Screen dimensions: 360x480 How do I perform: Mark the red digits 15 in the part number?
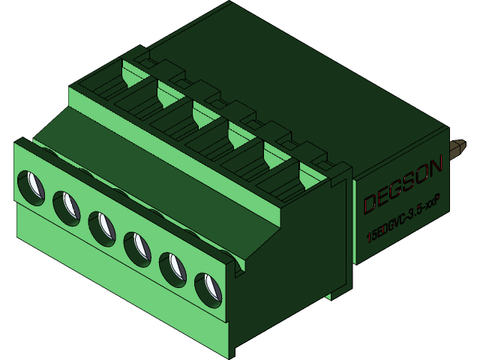[x=370, y=235]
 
